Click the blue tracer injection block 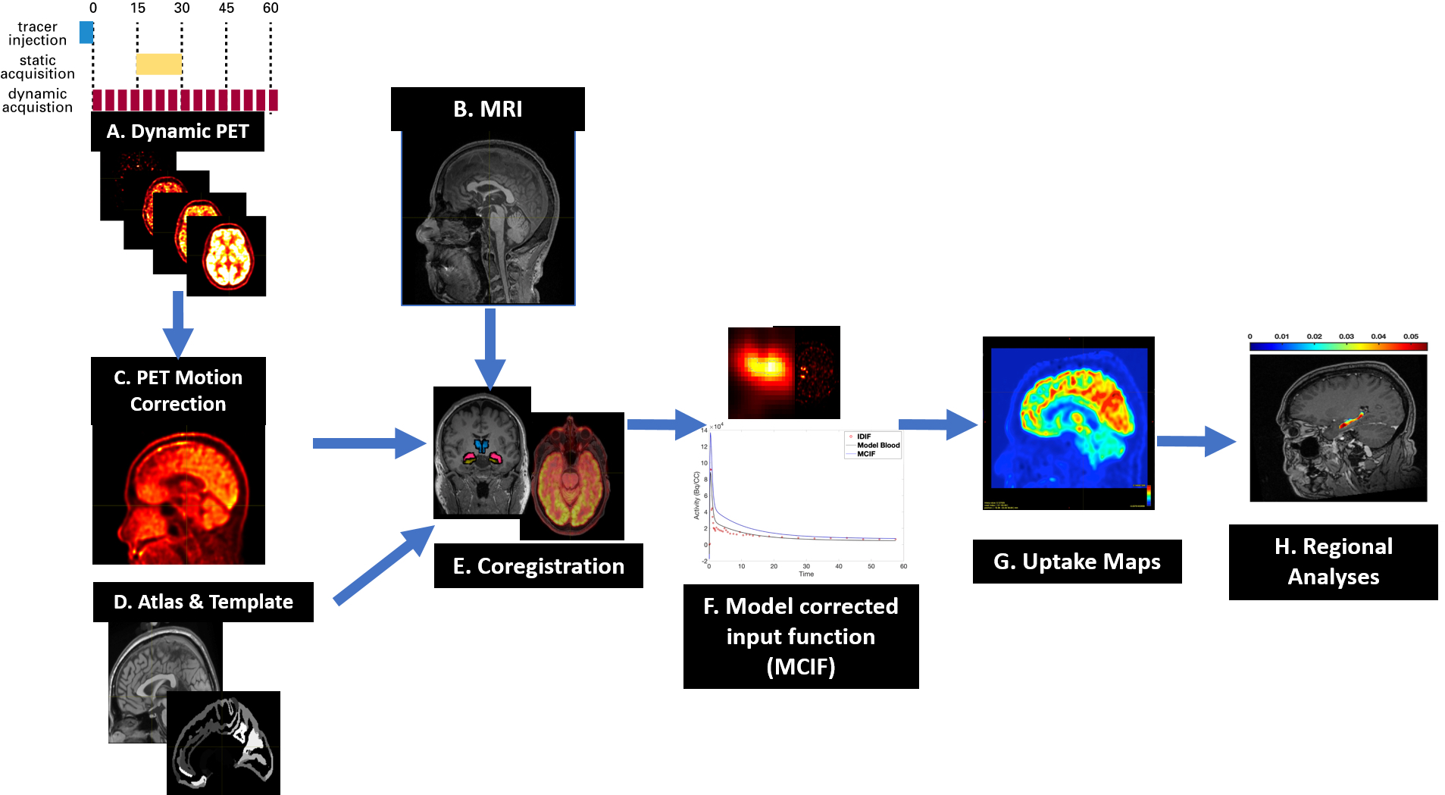[x=86, y=33]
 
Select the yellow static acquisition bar [x=158, y=64]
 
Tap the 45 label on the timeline [x=226, y=8]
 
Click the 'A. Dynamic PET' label [x=177, y=132]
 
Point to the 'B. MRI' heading [x=488, y=109]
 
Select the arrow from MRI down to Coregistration [x=490, y=349]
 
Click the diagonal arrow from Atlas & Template [x=383, y=565]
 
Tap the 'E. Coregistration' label [x=538, y=566]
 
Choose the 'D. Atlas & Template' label [x=203, y=602]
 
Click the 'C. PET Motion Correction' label [x=178, y=390]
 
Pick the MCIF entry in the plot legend [x=866, y=454]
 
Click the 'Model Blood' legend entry [x=878, y=446]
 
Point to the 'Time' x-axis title [x=806, y=574]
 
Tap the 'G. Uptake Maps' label [x=1077, y=562]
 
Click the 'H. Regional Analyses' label [x=1333, y=562]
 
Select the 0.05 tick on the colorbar [x=1410, y=336]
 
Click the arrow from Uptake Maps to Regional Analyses [x=1196, y=441]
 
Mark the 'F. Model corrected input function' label [x=801, y=637]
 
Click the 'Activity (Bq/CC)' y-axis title [x=697, y=496]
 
